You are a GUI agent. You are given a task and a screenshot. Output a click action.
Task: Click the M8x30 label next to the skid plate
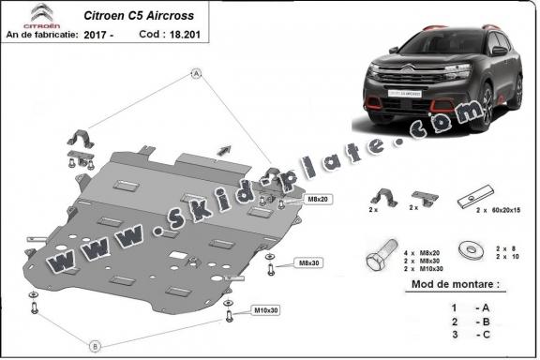point(308,262)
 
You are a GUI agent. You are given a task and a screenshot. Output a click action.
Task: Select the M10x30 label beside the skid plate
point(266,309)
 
